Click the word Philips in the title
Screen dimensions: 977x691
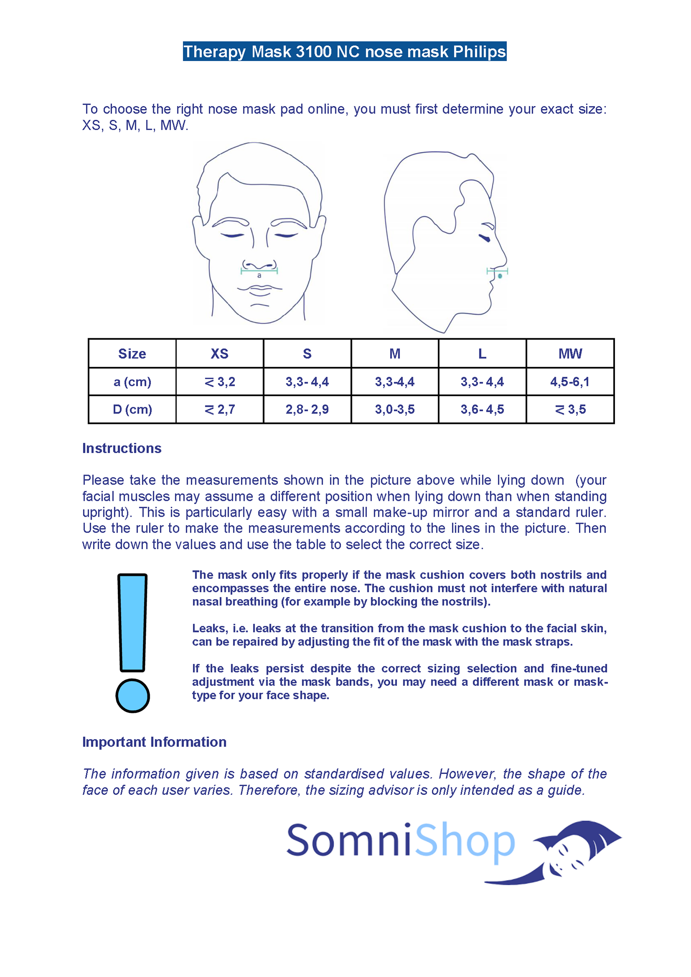[479, 52]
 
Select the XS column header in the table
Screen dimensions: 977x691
[220, 354]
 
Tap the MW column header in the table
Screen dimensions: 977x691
[570, 354]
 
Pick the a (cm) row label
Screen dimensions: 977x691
[132, 382]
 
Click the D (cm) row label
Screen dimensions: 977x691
[132, 409]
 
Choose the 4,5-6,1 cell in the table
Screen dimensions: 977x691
[570, 382]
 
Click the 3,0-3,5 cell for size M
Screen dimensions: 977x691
[395, 409]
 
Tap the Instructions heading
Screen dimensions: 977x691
[122, 448]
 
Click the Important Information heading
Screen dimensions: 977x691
[154, 742]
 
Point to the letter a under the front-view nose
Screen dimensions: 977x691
[259, 276]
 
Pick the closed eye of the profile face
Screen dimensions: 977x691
[484, 237]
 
